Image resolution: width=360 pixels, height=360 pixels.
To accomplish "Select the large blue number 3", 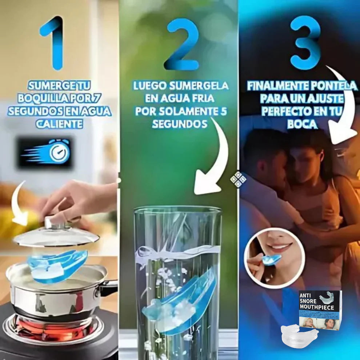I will pos(305,43).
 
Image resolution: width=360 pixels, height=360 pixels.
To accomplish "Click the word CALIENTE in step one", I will pos(59,124).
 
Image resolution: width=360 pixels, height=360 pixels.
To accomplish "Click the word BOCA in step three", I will pos(303,124).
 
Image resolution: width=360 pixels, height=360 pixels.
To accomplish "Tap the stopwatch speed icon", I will pos(45,153).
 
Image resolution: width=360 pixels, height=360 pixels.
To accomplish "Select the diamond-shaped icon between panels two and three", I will pos(238,179).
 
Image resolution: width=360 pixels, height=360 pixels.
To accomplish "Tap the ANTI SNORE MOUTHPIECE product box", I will pos(320,309).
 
